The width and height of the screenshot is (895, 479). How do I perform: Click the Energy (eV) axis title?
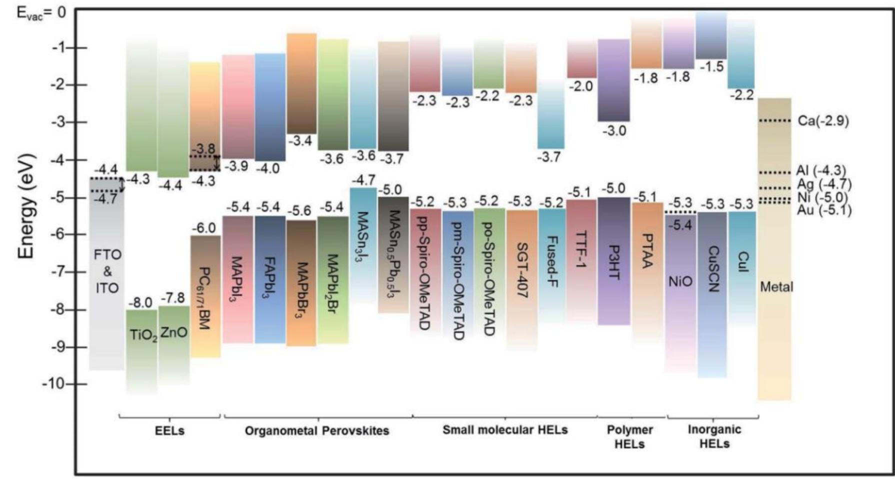click(x=28, y=207)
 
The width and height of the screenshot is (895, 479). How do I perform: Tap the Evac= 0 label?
click(x=42, y=12)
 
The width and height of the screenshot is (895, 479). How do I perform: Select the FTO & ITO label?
click(x=107, y=271)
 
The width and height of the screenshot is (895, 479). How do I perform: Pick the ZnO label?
click(x=174, y=331)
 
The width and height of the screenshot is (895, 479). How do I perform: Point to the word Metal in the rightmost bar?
click(x=776, y=287)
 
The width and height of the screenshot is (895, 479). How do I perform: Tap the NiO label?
click(x=680, y=281)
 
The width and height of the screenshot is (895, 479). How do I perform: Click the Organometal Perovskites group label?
click(x=317, y=430)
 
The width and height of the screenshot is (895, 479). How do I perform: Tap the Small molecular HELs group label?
click(x=505, y=429)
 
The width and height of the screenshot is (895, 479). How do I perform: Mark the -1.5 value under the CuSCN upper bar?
click(x=712, y=66)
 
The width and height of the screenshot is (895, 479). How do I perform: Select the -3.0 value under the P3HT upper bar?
click(x=614, y=131)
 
